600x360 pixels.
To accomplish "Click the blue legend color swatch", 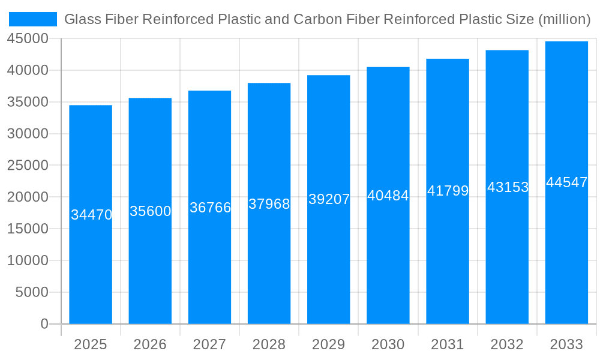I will (33, 19).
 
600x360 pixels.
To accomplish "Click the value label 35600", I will (151, 211).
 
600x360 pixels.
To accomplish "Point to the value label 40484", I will (388, 196).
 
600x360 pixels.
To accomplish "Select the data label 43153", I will (508, 187).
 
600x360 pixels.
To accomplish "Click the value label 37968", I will (269, 204).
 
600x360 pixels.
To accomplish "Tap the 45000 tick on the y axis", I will (28, 39).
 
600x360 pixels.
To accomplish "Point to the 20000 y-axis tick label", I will (28, 197).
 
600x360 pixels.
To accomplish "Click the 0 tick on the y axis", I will (44, 324).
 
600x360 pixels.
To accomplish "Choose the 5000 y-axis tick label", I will (31, 292).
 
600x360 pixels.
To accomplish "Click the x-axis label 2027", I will (209, 344).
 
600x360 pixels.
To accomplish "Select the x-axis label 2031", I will (448, 344).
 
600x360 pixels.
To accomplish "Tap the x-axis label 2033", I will (566, 344).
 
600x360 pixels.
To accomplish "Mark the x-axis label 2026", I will (150, 344).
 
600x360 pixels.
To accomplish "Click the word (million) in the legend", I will (564, 19).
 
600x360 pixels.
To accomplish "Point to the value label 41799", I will (448, 191).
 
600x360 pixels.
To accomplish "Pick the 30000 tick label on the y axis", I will (28, 134).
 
